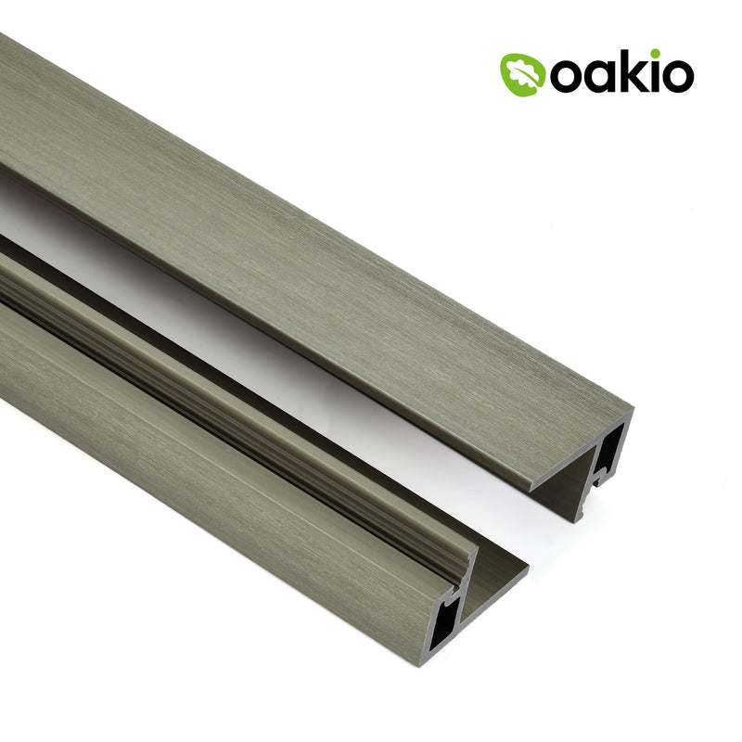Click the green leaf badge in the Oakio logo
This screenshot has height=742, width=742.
click(x=522, y=73)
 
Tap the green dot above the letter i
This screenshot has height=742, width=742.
click(x=655, y=55)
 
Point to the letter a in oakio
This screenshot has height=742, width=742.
click(x=598, y=78)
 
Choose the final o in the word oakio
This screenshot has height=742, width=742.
click(x=678, y=78)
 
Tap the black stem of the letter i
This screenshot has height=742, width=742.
click(x=655, y=78)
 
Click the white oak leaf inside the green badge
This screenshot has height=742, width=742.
click(x=522, y=73)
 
